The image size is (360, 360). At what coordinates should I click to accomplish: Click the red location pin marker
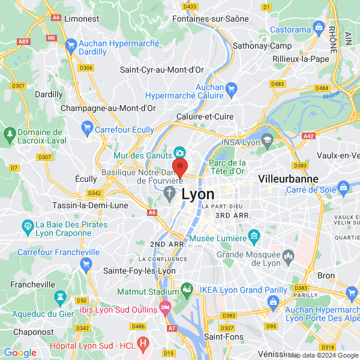coord(180,167)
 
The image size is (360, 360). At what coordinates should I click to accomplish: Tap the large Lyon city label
coord(197,194)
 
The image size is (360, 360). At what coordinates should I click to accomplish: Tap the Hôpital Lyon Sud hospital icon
coord(143,343)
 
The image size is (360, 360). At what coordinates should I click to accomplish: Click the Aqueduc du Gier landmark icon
coord(60,296)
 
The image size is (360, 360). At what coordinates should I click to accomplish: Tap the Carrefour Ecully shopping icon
coord(88,127)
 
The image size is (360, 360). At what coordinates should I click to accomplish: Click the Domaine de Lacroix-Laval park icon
coord(10,133)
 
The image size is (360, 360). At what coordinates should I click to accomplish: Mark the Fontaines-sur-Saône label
coord(210,19)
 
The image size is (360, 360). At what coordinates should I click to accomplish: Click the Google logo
coord(20,353)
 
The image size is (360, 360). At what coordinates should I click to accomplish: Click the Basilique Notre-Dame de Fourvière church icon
coord(170,193)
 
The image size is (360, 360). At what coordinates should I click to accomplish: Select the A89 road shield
coord(23,41)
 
